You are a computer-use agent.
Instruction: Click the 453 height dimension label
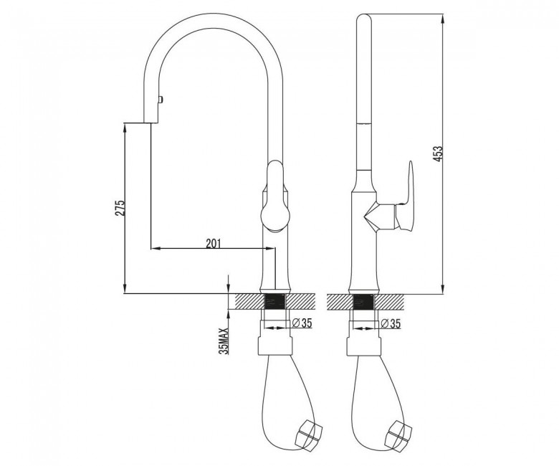[439, 153]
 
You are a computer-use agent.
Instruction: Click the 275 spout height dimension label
[120, 207]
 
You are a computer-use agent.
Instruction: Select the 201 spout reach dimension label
[213, 243]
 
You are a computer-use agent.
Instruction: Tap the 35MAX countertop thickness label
[224, 341]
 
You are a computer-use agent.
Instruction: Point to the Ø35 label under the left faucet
[302, 323]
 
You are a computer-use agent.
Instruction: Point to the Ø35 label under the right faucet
[391, 323]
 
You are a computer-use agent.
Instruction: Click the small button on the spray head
[161, 98]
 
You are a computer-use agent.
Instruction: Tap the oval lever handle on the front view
[275, 196]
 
